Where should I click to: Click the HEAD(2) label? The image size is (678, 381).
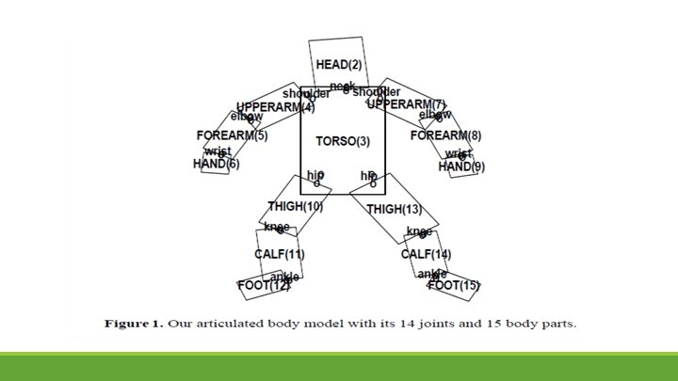click(x=338, y=65)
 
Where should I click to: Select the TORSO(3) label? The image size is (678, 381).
click(x=343, y=141)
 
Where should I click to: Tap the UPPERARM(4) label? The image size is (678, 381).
click(x=268, y=107)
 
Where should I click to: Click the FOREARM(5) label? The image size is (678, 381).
click(x=232, y=135)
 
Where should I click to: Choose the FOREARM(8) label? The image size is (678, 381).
click(x=445, y=135)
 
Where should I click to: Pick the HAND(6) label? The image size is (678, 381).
click(x=216, y=164)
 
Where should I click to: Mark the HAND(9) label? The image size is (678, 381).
click(x=461, y=167)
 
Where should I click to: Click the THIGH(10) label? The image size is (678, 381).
click(x=295, y=206)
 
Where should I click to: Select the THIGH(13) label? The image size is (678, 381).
click(x=394, y=209)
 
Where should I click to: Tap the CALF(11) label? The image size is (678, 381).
click(x=279, y=255)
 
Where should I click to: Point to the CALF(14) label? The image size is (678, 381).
click(x=426, y=255)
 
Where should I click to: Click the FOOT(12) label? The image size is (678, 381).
click(x=264, y=286)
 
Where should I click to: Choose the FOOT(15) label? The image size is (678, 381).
click(x=454, y=285)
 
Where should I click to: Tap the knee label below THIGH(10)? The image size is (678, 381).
click(x=277, y=228)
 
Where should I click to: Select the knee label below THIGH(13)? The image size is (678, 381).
click(x=419, y=231)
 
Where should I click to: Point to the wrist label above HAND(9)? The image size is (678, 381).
click(x=459, y=153)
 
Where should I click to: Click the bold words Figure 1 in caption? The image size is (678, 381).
click(x=134, y=325)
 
